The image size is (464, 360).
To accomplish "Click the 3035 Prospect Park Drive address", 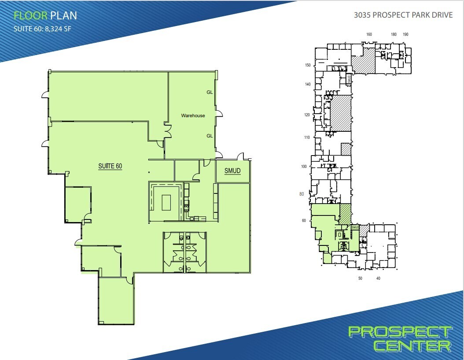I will pos(403,15).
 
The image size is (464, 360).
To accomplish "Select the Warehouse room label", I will pos(193,115).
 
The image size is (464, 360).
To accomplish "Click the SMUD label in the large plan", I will pos(232,171).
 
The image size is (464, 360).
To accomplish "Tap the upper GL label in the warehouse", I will pos(210,93).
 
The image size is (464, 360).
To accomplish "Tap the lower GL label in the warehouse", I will pos(210,136).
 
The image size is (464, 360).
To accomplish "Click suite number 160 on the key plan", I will pos(369,34).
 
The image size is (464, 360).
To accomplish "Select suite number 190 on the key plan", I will pos(405,34).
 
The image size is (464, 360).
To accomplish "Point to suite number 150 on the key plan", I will pos(308,65).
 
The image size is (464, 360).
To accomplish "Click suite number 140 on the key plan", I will pos(308,84).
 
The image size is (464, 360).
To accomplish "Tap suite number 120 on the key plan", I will pos(307,115).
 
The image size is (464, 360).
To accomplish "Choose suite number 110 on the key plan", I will pos(307,137).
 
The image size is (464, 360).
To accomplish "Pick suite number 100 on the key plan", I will pos(304,167).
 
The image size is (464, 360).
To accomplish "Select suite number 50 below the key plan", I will pos(360,278).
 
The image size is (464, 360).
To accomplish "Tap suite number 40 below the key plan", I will pos(378,278).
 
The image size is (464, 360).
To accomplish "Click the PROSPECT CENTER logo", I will pos(400,338).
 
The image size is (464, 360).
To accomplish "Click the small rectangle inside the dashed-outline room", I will pos(166,203).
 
